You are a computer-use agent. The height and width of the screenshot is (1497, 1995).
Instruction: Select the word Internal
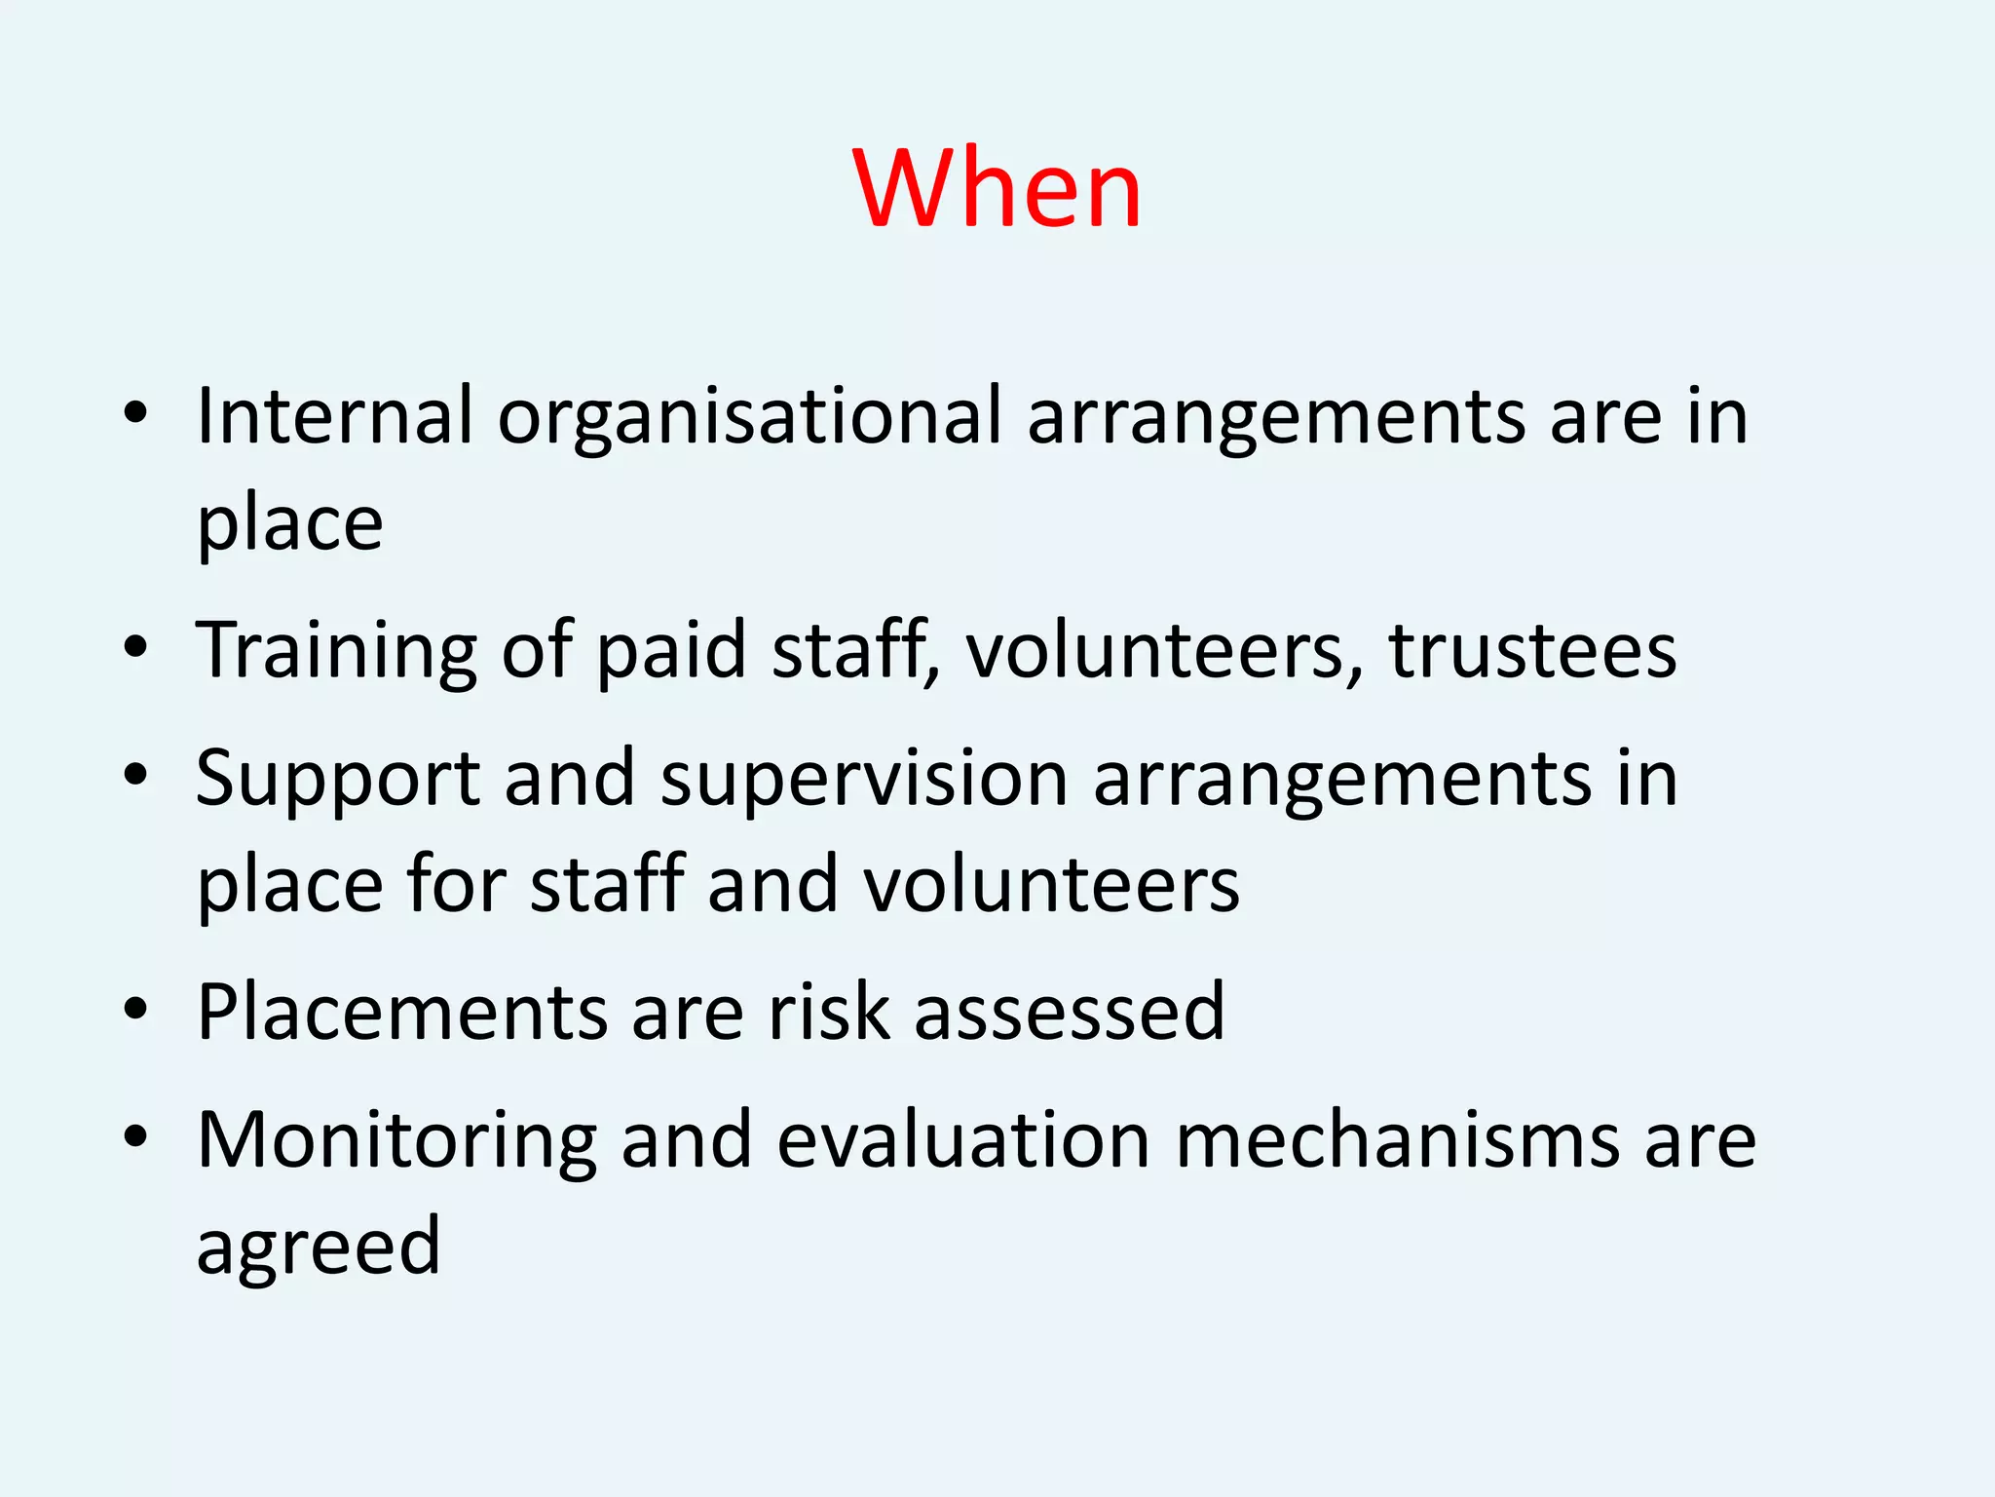point(334,416)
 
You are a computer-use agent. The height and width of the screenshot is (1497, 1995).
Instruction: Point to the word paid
point(670,650)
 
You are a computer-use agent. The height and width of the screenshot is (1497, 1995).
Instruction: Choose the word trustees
point(1532,650)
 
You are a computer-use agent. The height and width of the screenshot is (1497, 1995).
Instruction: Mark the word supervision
point(864,781)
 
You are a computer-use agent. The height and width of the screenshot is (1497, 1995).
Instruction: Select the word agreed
point(319,1248)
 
